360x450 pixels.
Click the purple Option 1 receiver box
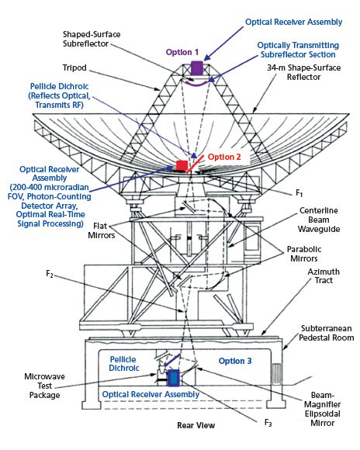click(x=197, y=67)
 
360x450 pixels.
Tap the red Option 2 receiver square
click(x=182, y=165)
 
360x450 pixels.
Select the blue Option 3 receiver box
click(x=173, y=378)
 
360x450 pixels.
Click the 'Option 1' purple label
click(x=182, y=52)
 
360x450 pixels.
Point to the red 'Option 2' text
click(x=224, y=157)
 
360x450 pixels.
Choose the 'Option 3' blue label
click(x=235, y=361)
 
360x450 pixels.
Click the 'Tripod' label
click(x=74, y=68)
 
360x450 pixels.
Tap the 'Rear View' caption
click(x=196, y=425)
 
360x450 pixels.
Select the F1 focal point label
click(x=299, y=193)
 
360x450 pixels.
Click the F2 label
click(x=50, y=274)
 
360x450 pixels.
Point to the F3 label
click(x=268, y=422)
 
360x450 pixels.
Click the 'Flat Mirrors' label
click(x=102, y=230)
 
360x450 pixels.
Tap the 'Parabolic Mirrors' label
click(x=304, y=254)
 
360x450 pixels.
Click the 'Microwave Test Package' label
click(x=44, y=386)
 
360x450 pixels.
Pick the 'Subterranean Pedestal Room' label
click(x=327, y=333)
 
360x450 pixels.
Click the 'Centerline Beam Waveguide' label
click(x=319, y=220)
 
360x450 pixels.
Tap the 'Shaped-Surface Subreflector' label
click(x=92, y=39)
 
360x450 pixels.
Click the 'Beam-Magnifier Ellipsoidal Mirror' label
click(x=323, y=409)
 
